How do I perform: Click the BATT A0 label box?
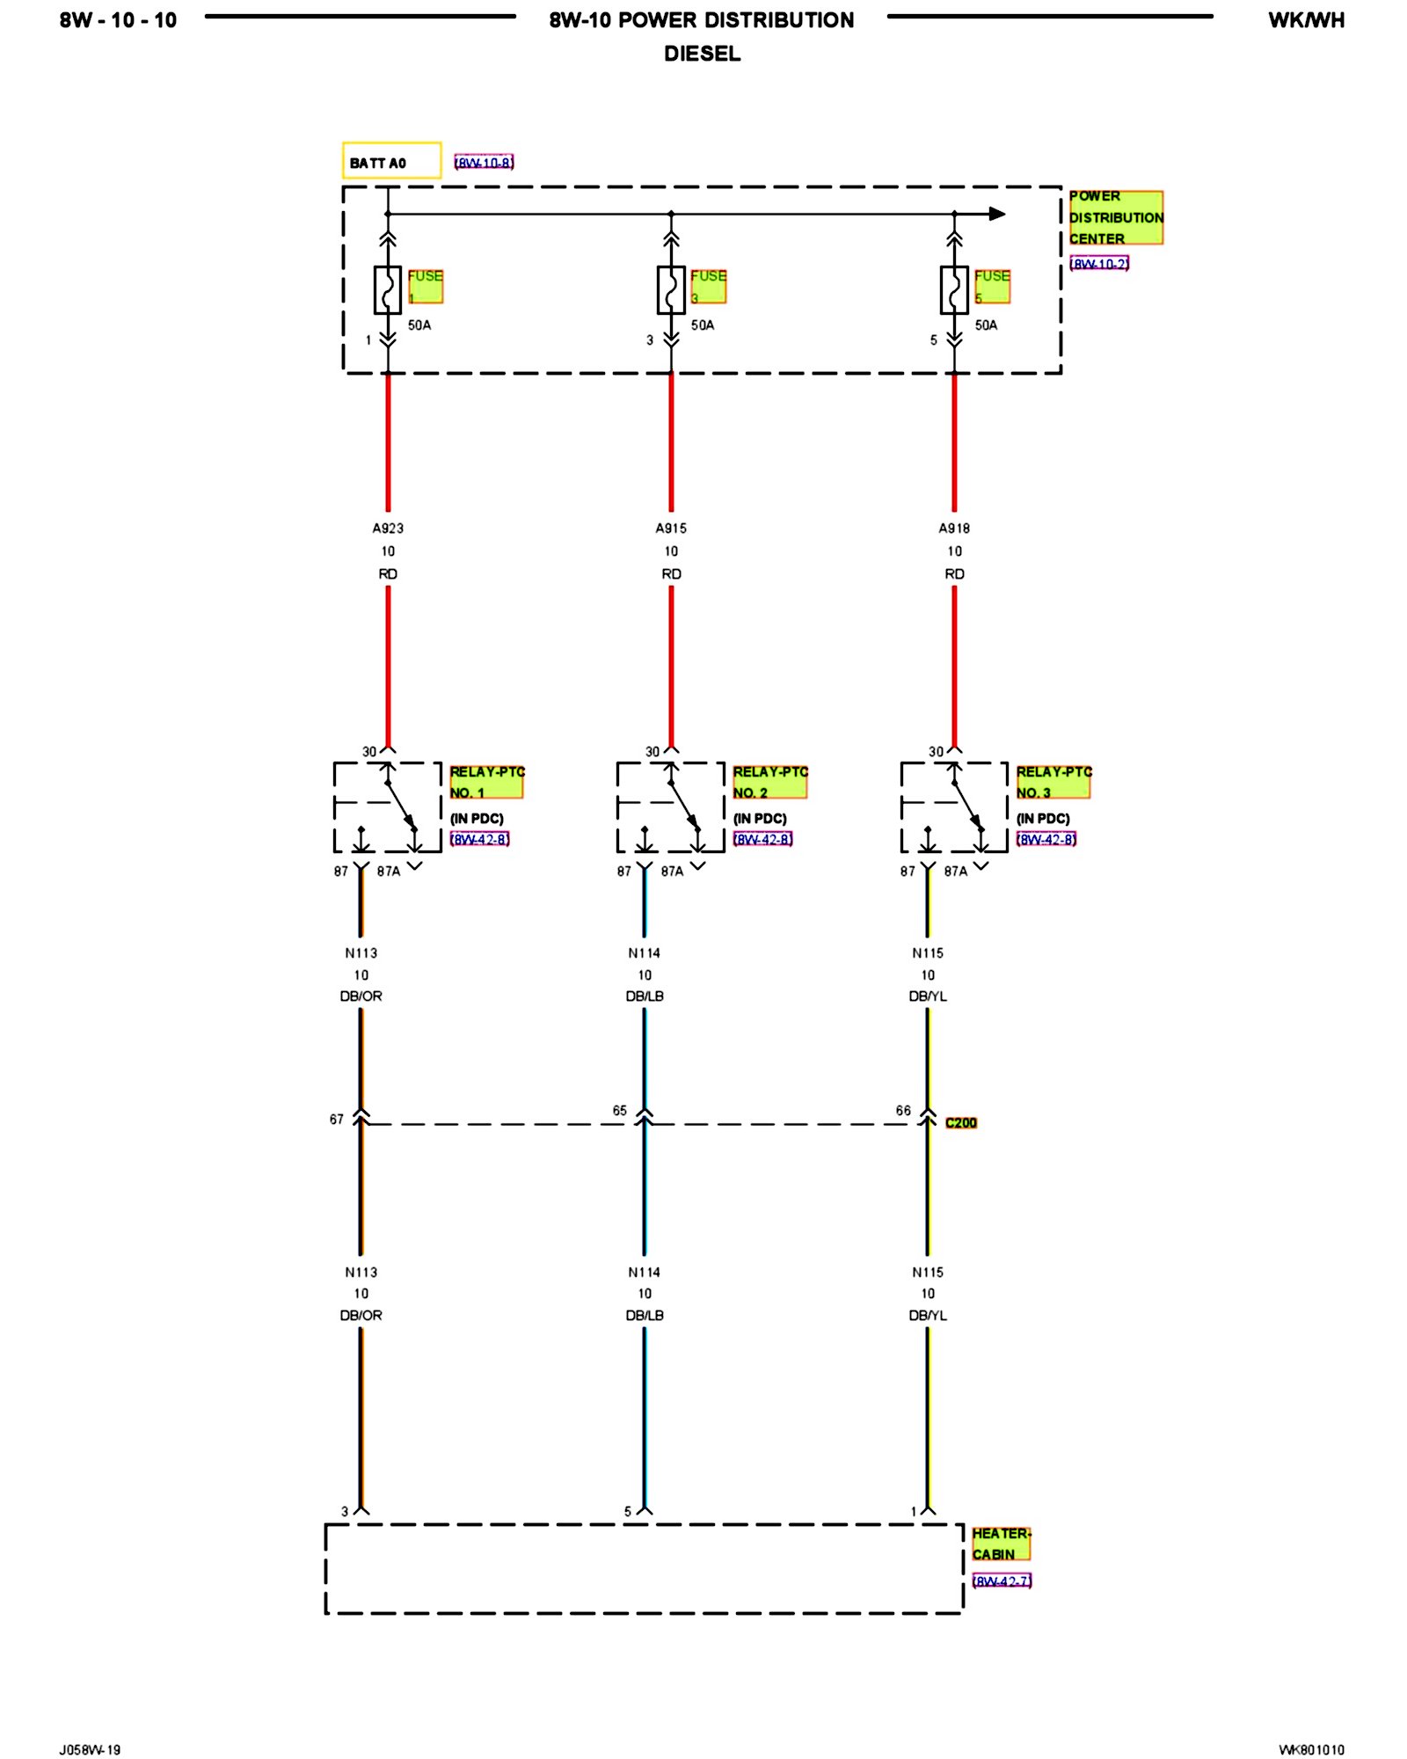391,161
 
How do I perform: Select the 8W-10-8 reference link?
484,163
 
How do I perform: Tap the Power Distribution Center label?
1115,217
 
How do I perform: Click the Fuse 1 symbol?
388,289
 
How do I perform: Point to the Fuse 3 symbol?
671,289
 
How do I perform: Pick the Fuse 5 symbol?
954,289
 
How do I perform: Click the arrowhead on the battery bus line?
997,214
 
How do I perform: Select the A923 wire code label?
388,529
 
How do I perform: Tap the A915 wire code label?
671,529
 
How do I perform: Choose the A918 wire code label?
954,529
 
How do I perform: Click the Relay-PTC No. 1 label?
486,782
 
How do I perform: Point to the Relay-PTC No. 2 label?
769,782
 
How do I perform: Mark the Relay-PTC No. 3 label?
1053,782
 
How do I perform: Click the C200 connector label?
961,1123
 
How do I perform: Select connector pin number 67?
337,1120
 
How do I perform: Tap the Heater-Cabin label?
1001,1544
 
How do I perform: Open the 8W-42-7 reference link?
1002,1581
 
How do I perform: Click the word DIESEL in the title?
702,54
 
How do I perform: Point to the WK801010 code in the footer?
1311,1749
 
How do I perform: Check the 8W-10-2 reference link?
1099,264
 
